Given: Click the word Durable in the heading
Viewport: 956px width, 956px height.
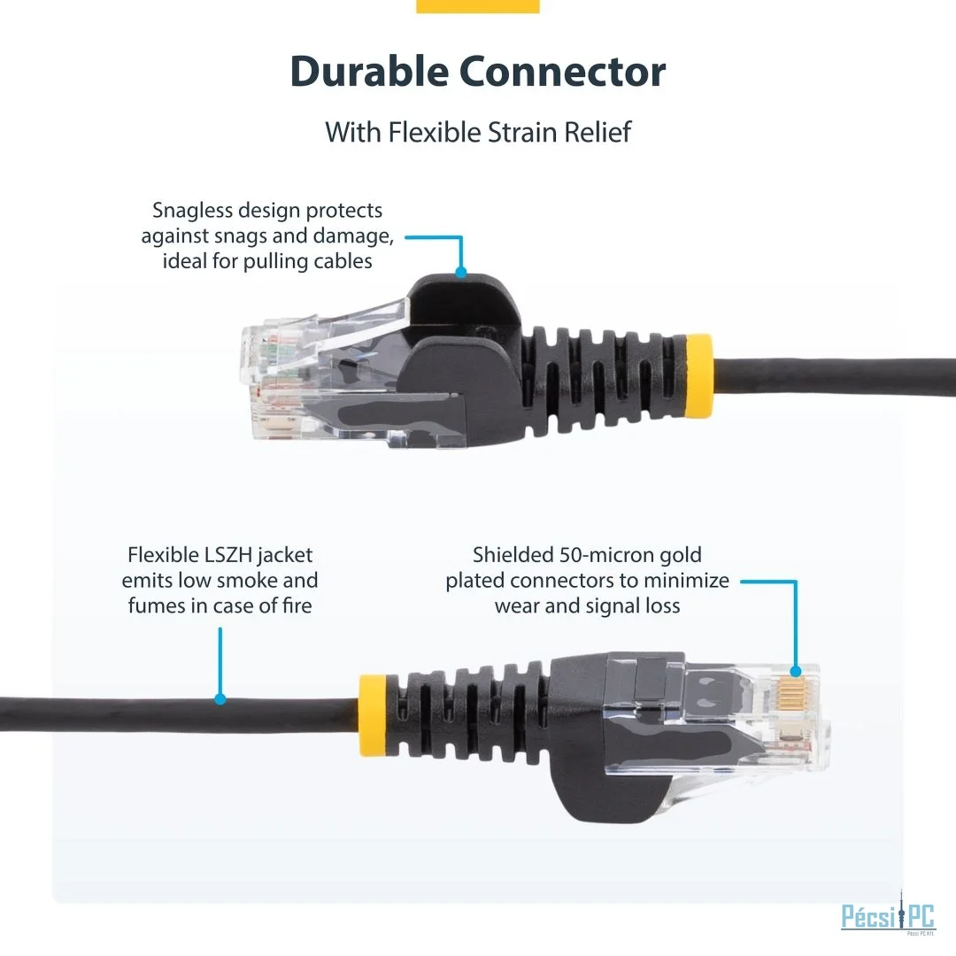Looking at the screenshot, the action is pyautogui.click(x=369, y=72).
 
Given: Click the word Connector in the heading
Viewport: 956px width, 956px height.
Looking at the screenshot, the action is pyautogui.click(x=562, y=72).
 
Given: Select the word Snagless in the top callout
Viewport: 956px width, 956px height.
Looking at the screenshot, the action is pyautogui.click(x=192, y=211).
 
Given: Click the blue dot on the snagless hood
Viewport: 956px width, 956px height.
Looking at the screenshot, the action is pyautogui.click(x=461, y=272).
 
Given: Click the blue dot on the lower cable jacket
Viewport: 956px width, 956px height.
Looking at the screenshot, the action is pyautogui.click(x=220, y=699).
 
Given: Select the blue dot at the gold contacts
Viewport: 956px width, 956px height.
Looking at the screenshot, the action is pyautogui.click(x=795, y=671).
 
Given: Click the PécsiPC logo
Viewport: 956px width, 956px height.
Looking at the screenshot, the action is pyautogui.click(x=889, y=916).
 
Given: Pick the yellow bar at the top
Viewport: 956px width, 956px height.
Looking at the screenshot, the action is pyautogui.click(x=478, y=6).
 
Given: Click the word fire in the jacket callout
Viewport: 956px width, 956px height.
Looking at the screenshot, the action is pyautogui.click(x=297, y=605).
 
